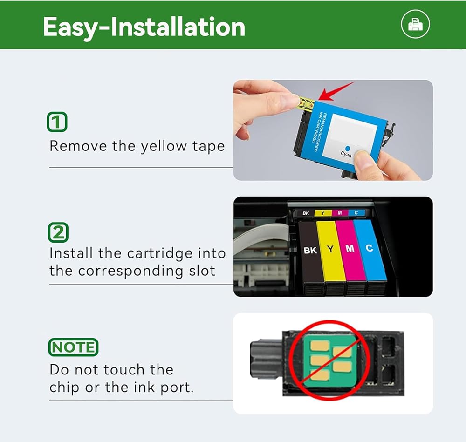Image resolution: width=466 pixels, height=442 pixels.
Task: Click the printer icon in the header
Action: coord(415,24)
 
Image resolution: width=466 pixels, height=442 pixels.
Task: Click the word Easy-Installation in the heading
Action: coord(144,27)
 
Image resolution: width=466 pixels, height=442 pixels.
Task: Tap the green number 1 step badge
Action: coord(57,122)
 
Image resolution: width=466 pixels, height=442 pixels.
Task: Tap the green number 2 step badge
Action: coord(58,232)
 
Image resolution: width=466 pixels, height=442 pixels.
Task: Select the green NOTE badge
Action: coord(73,347)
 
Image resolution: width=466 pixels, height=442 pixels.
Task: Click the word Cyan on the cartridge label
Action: coord(346,154)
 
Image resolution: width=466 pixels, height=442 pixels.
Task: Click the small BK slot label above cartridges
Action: coord(306,213)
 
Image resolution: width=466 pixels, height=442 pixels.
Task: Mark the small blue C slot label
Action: coord(356,212)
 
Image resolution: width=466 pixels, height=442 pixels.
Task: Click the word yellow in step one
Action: coord(164,146)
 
